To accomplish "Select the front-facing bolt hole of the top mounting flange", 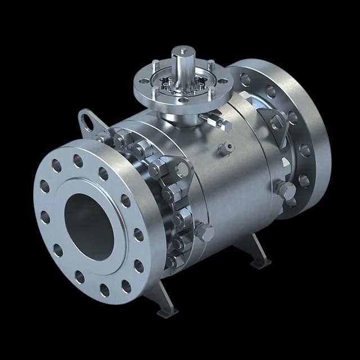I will [184, 100].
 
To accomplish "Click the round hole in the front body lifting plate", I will [182, 169].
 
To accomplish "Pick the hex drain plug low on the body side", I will [204, 232].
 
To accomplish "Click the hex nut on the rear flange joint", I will [285, 190].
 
